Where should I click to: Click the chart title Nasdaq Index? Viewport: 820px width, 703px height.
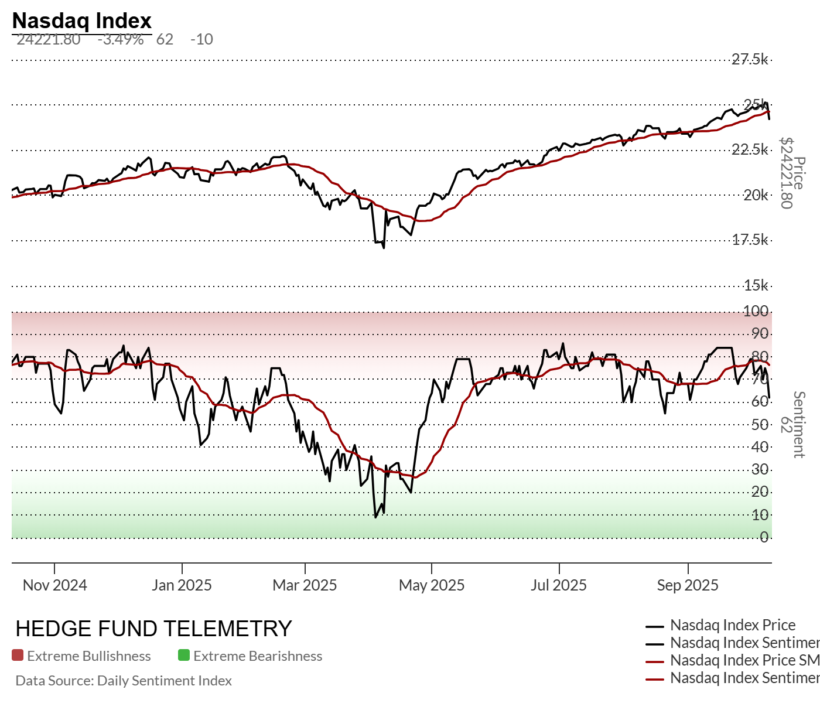[x=81, y=21]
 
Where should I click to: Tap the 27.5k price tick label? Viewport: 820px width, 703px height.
[x=750, y=59]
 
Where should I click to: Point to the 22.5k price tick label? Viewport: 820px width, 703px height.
[x=750, y=150]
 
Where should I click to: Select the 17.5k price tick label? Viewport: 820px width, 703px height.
[x=750, y=240]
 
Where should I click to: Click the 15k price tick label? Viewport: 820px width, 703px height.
[x=756, y=286]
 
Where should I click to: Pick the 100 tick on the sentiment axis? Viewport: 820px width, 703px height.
[x=756, y=311]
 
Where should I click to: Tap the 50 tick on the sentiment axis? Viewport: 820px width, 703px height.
[x=760, y=424]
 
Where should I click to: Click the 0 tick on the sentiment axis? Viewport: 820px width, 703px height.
[x=764, y=537]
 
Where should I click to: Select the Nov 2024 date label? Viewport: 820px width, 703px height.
[x=54, y=585]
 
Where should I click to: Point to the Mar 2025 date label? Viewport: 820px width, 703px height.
[x=305, y=585]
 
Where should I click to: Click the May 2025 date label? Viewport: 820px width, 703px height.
[x=432, y=585]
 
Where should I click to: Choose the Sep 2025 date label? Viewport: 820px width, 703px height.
[x=688, y=585]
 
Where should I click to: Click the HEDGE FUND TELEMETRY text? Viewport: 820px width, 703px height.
[x=153, y=629]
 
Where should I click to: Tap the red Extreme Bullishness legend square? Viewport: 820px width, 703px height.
[x=18, y=656]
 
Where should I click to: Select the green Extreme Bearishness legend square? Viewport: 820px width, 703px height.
[x=184, y=656]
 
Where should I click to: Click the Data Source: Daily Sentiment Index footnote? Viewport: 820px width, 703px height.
[x=124, y=681]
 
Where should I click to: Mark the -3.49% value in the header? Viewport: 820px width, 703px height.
[x=121, y=39]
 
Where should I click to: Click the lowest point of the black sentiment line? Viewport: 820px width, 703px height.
[x=375, y=517]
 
